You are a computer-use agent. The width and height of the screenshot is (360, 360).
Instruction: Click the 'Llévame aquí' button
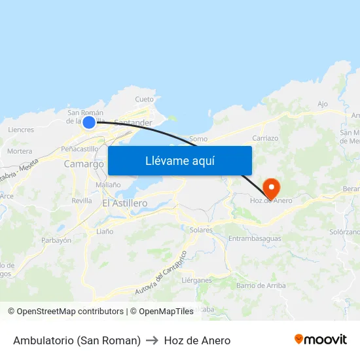pyautogui.click(x=179, y=160)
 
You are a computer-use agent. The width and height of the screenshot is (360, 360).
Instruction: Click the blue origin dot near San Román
pyautogui.click(x=90, y=121)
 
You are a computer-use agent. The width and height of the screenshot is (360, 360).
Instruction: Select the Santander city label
pyautogui.click(x=133, y=122)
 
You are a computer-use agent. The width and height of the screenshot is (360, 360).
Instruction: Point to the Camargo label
pyautogui.click(x=84, y=164)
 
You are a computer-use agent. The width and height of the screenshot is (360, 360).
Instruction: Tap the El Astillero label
pyautogui.click(x=125, y=204)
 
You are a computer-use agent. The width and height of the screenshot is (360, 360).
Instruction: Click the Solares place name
pyautogui.click(x=201, y=230)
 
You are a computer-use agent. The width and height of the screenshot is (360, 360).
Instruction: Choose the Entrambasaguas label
pyautogui.click(x=255, y=238)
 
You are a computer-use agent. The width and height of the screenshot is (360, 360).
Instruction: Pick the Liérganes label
pyautogui.click(x=197, y=280)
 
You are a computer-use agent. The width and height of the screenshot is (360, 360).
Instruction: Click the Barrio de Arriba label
pyautogui.click(x=261, y=285)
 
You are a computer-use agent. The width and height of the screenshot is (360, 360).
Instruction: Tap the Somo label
pyautogui.click(x=198, y=139)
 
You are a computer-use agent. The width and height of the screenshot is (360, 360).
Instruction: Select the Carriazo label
pyautogui.click(x=265, y=138)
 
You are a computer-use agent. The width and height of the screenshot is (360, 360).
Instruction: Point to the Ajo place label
pyautogui.click(x=322, y=104)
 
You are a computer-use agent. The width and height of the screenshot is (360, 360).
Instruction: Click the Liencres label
pyautogui.click(x=21, y=130)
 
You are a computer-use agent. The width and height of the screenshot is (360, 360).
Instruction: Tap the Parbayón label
pyautogui.click(x=56, y=240)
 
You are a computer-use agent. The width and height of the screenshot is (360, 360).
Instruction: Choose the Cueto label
pyautogui.click(x=144, y=99)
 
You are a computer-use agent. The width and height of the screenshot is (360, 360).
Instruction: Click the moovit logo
pyautogui.click(x=321, y=339)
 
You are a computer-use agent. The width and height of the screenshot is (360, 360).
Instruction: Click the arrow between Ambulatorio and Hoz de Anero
pyautogui.click(x=153, y=340)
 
